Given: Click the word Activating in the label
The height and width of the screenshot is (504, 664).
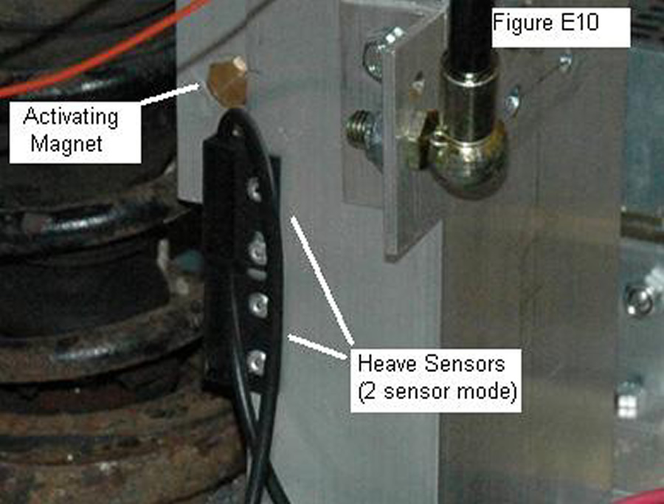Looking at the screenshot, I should (x=71, y=117).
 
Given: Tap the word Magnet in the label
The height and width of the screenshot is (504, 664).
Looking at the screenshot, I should (x=66, y=142).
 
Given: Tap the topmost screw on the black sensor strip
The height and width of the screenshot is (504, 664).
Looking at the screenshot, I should (x=254, y=188).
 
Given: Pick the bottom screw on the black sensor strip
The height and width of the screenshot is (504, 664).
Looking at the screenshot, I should (x=255, y=360).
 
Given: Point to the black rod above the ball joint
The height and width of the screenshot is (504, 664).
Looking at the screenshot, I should (x=468, y=30).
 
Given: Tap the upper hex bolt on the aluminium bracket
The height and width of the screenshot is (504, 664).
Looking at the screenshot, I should (x=378, y=51).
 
